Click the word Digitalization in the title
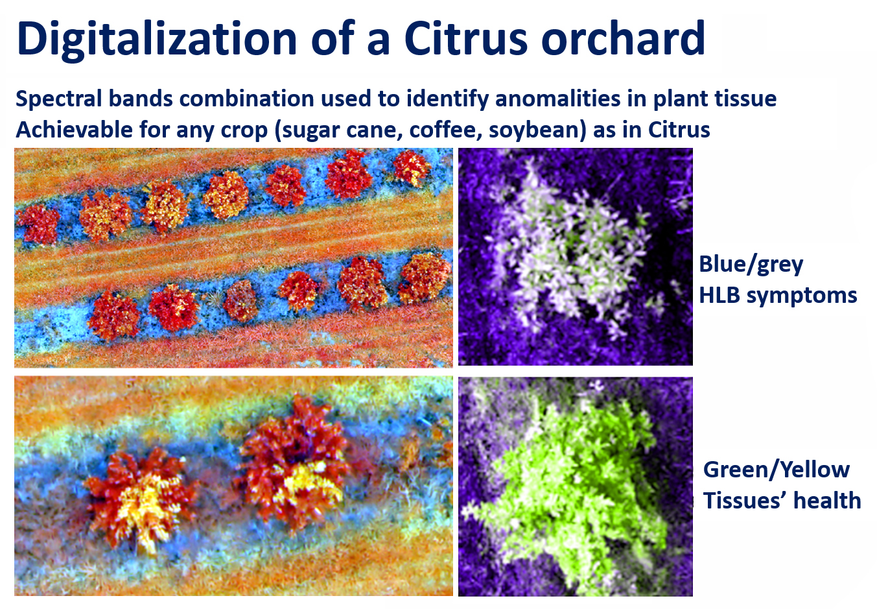click(157, 39)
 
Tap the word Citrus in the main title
click(466, 39)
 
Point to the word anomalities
click(558, 98)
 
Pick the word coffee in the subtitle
click(447, 130)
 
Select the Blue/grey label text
click(751, 265)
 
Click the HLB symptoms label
click(778, 296)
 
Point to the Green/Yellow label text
click(777, 470)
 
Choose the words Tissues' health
click(782, 500)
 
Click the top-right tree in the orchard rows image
click(411, 167)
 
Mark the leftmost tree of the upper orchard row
click(38, 224)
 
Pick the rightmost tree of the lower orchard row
click(425, 278)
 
